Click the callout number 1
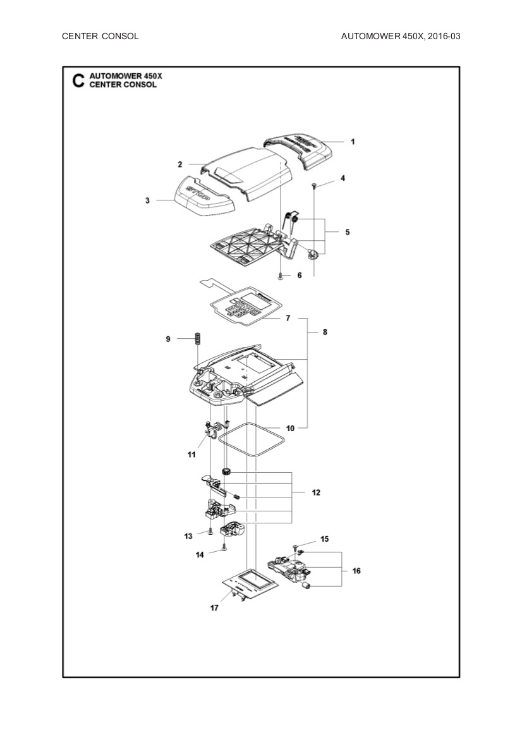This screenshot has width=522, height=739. (x=353, y=142)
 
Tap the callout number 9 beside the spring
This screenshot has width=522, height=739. (x=168, y=339)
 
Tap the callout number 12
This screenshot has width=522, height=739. (x=316, y=492)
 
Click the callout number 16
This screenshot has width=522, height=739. (x=356, y=571)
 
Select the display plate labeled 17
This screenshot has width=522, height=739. (x=249, y=585)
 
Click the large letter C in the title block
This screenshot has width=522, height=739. (x=78, y=81)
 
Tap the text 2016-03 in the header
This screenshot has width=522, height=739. (x=444, y=36)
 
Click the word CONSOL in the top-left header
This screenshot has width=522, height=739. (x=120, y=36)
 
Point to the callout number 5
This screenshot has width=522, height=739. (x=347, y=232)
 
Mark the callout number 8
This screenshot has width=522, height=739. (x=325, y=331)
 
